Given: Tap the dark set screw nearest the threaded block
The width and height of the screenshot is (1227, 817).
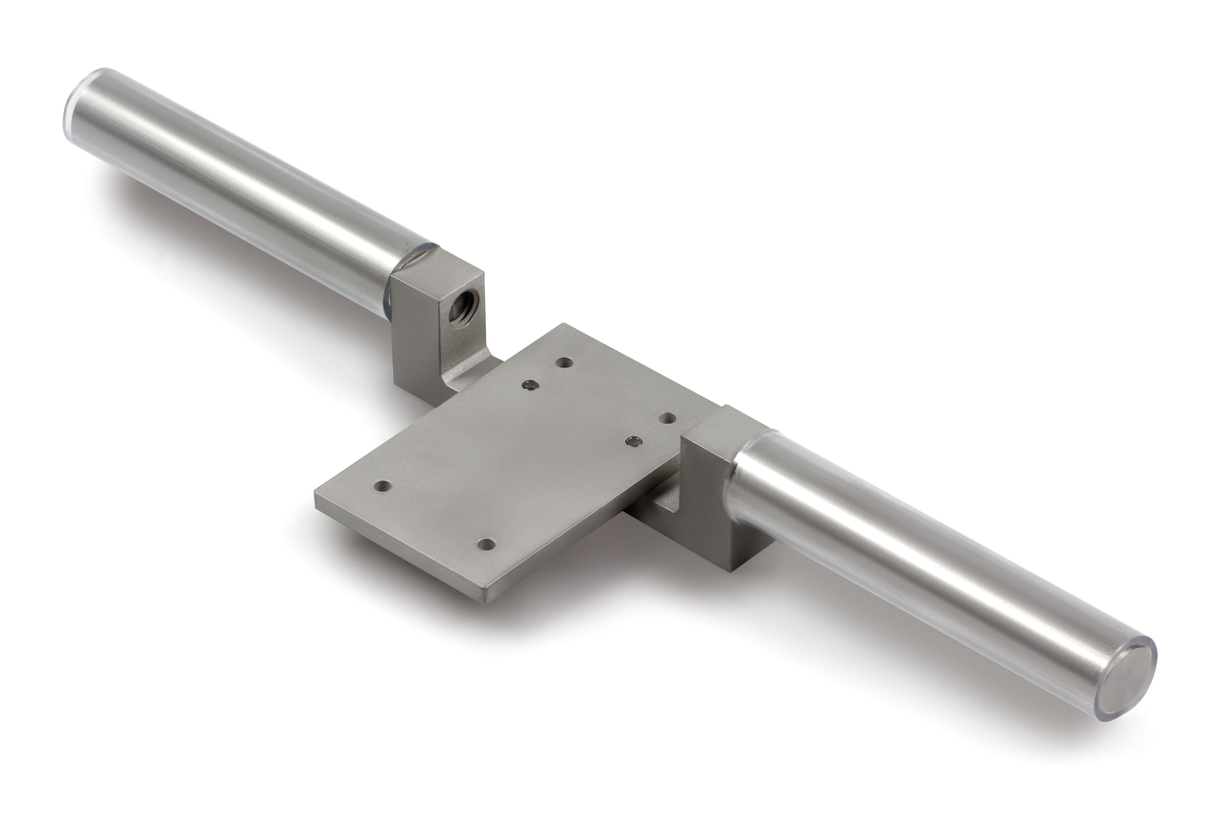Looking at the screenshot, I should [x=529, y=385].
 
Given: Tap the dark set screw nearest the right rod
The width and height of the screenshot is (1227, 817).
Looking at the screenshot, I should [x=633, y=441].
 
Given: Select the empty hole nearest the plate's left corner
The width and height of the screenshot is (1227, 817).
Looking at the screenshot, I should [x=382, y=486].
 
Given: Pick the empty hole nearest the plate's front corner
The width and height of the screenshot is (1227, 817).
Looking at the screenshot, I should [x=486, y=544].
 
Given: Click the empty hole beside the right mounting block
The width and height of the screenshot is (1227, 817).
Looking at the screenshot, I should [x=667, y=419].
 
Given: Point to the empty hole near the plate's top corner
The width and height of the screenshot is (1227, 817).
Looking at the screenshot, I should [x=564, y=362].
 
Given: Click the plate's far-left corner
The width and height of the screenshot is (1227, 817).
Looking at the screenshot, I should [x=317, y=496].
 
